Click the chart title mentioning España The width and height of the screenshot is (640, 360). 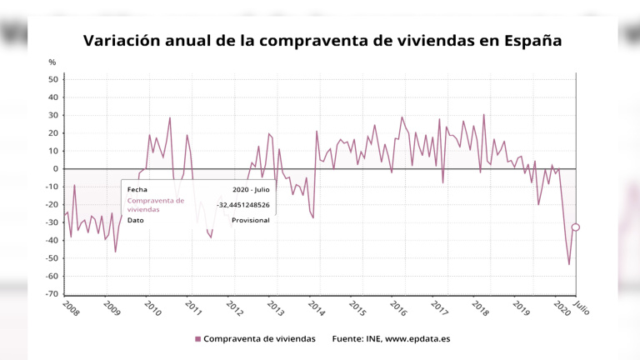321,40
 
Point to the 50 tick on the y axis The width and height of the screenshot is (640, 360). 52,79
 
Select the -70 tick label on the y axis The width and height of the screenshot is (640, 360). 51,294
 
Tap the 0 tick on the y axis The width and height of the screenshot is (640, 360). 55,169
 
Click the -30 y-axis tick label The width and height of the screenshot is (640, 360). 51,222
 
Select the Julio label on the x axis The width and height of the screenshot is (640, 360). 581,307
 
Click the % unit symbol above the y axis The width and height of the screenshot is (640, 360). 52,62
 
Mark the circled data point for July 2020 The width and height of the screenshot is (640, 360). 576,227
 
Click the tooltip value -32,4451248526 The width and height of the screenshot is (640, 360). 242,205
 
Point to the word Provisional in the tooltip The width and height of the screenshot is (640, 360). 250,220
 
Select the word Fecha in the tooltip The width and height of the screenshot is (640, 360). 137,189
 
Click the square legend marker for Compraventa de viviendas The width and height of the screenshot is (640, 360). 197,339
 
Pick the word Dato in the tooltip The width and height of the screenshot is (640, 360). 136,220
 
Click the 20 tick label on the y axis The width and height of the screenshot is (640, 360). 52,133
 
